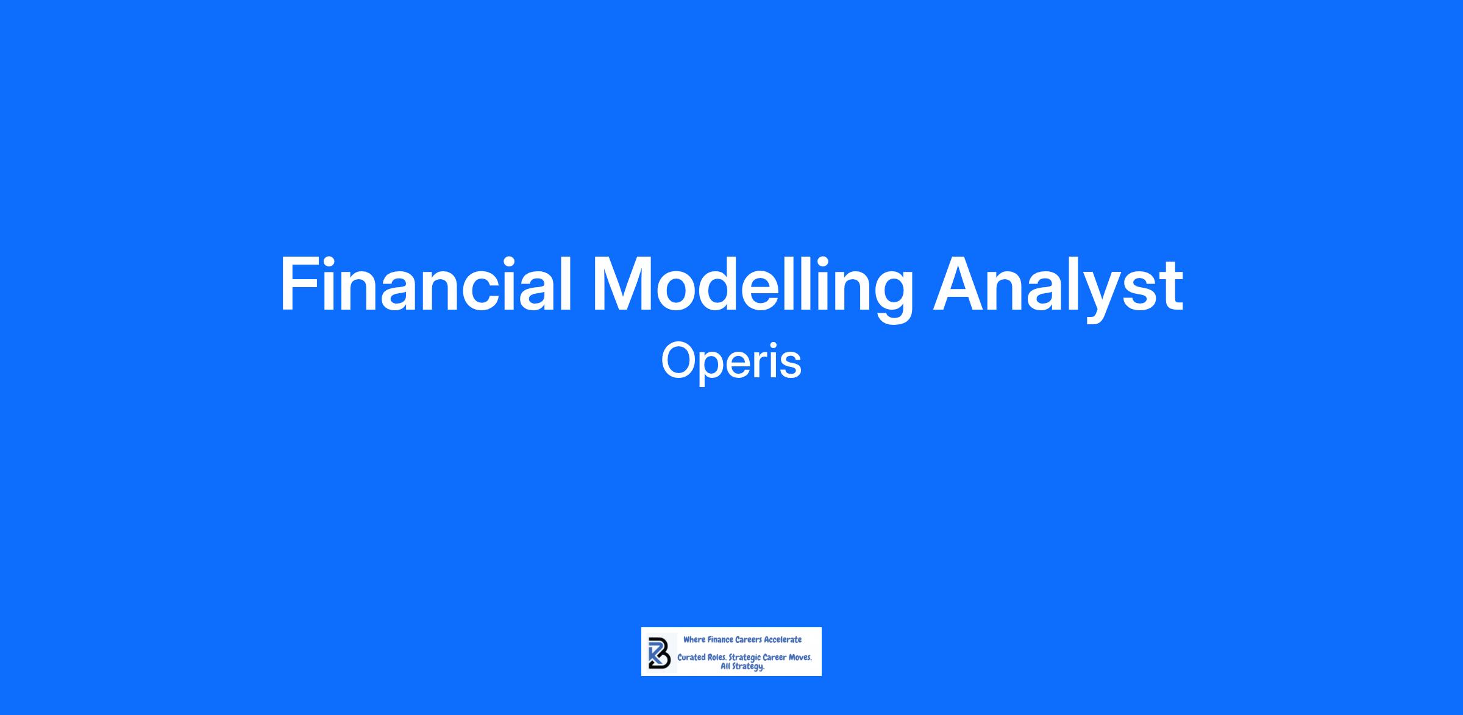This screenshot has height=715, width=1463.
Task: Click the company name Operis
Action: tap(731, 361)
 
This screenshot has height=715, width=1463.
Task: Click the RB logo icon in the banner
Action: tap(660, 653)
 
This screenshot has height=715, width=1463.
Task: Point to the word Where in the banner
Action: tap(694, 639)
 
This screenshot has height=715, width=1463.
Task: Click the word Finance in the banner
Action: tap(721, 639)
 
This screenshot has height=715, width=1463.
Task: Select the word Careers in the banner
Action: tap(749, 639)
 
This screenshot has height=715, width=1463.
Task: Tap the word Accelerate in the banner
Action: tap(783, 639)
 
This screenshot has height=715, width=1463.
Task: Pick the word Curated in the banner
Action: tap(692, 658)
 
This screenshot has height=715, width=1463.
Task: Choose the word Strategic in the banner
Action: tap(745, 658)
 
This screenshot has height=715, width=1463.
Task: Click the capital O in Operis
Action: tap(678, 361)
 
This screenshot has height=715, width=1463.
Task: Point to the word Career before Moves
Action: tap(774, 658)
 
